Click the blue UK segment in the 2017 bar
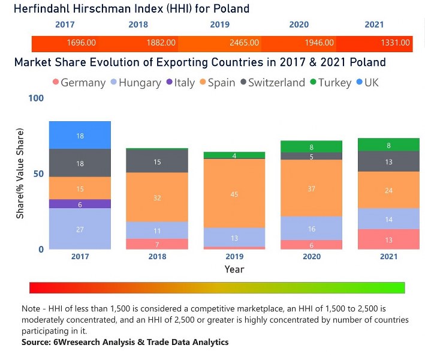coord(80,136)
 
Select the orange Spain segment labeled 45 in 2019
coord(234,193)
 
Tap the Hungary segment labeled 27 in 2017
coord(80,229)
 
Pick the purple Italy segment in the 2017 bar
coord(80,204)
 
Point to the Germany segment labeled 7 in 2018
coord(157,244)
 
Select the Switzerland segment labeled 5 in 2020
coord(311,157)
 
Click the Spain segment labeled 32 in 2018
coord(157,197)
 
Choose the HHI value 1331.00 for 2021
coord(396,43)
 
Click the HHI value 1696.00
coord(82,43)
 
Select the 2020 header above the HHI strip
coord(299,25)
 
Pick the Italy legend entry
coord(180,83)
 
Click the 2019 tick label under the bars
coord(234,257)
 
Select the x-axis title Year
coord(234,269)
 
